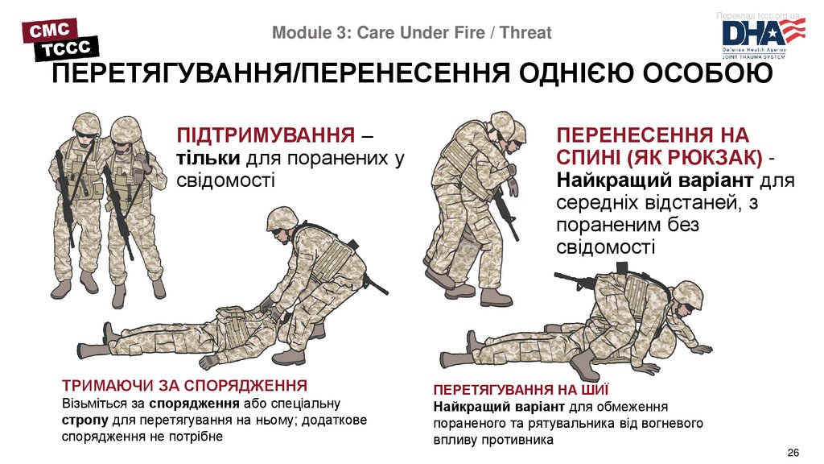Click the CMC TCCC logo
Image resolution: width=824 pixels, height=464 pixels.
[x=60, y=39]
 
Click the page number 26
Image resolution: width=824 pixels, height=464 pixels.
[x=793, y=453]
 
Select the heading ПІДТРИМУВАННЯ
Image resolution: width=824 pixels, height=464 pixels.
[x=266, y=135]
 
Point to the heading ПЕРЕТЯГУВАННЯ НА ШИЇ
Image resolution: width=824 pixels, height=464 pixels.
[x=521, y=390]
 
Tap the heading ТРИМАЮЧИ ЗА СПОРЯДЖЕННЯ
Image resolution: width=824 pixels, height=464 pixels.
[x=184, y=386]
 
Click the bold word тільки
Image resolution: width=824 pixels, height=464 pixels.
[x=208, y=158]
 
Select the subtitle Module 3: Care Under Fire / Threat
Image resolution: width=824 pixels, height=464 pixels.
[x=411, y=32]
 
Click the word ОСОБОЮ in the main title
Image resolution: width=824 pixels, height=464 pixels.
[x=707, y=73]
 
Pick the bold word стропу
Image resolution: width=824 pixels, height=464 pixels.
[x=85, y=420]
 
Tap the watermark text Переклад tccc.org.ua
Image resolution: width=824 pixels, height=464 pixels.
[x=757, y=16]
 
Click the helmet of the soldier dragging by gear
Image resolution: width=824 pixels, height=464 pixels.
[x=282, y=219]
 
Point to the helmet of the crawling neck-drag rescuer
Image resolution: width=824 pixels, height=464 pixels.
[x=688, y=294]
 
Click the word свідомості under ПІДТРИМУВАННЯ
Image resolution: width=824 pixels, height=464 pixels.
[x=225, y=180]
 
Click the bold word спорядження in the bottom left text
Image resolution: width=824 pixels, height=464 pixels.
[x=194, y=404]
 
